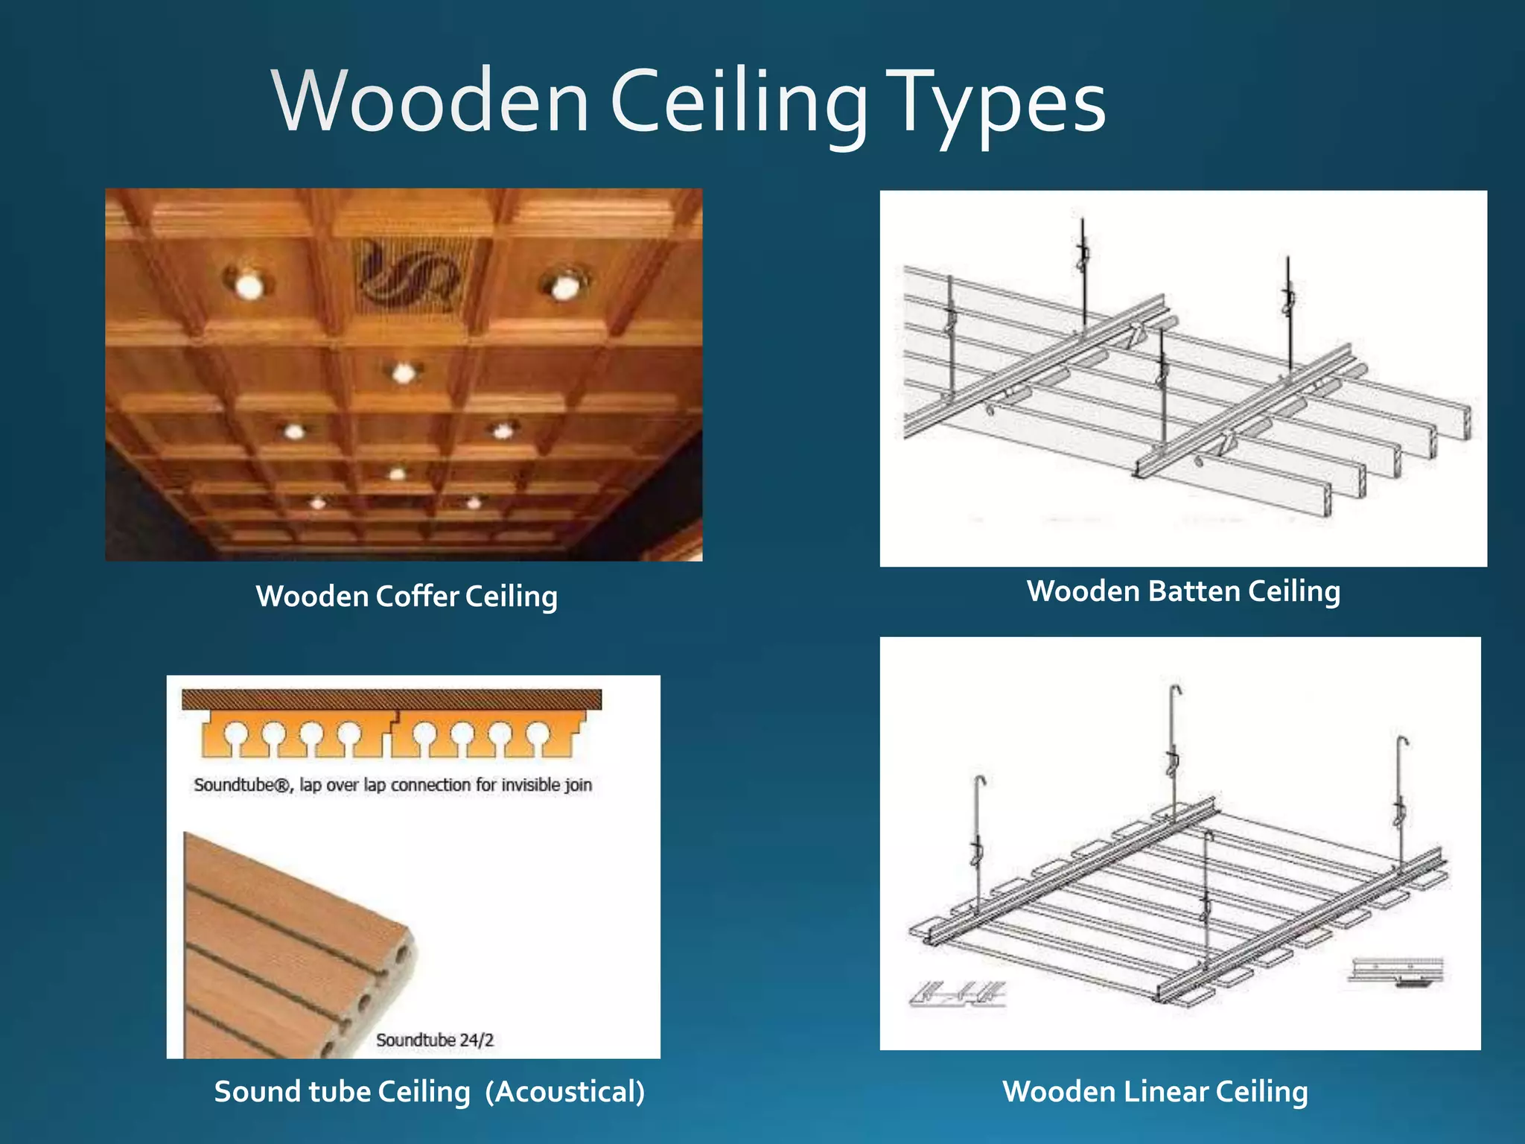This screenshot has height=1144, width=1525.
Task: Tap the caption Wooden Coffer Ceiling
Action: coord(407,597)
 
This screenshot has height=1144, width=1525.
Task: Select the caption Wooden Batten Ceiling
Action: coord(1183,591)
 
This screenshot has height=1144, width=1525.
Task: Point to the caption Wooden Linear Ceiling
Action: coord(1155,1092)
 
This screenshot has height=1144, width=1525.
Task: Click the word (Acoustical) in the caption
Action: coord(565,1092)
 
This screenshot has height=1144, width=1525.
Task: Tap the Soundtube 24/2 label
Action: coord(435,1040)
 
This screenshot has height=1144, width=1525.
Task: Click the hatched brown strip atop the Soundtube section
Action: coord(392,699)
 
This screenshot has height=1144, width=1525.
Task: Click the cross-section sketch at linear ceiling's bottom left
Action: coord(958,994)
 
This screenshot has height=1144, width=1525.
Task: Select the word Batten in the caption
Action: coord(1194,591)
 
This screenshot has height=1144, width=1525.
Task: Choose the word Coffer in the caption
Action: coord(418,597)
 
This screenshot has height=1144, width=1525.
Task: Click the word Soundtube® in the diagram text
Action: coord(243,785)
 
